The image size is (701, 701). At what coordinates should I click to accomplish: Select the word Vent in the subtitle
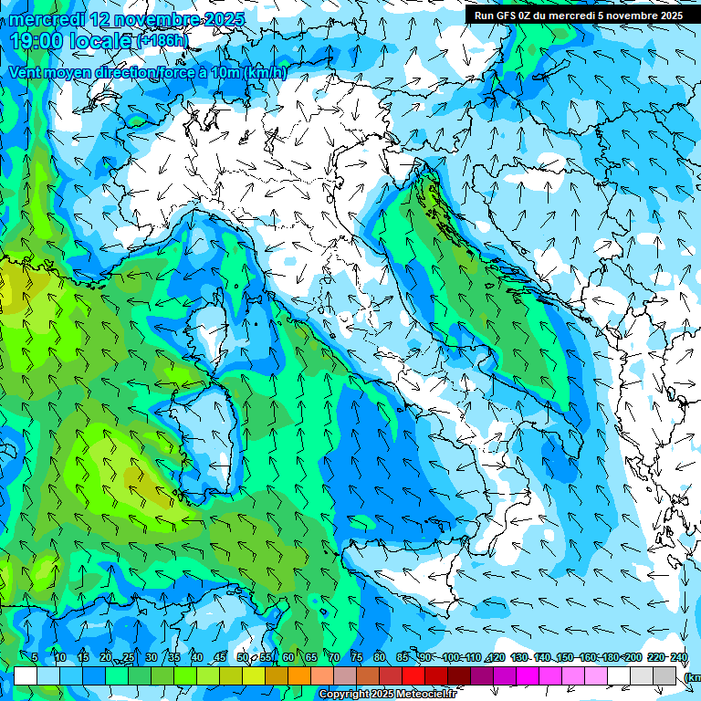pyautogui.click(x=26, y=72)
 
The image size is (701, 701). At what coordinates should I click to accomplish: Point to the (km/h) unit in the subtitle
pyautogui.click(x=266, y=72)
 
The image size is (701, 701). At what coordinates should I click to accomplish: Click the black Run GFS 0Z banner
pyautogui.click(x=577, y=15)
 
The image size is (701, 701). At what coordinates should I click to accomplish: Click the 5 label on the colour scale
pyautogui.click(x=34, y=657)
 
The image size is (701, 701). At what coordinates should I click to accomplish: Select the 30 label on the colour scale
pyautogui.click(x=151, y=657)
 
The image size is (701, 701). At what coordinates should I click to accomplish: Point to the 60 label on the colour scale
pyautogui.click(x=288, y=657)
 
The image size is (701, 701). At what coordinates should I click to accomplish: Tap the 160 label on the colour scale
pyautogui.click(x=587, y=657)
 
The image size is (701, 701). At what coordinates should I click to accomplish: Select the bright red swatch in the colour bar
pyautogui.click(x=413, y=675)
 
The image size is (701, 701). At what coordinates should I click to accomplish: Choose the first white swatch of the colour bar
pyautogui.click(x=26, y=675)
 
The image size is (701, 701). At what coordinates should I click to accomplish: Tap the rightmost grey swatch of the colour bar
pyautogui.click(x=665, y=675)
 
